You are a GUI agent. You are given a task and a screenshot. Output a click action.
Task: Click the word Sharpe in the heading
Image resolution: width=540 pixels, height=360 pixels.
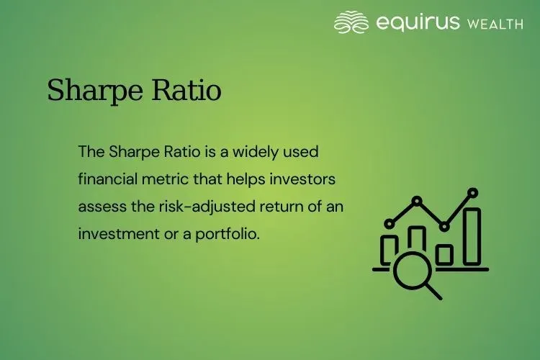(x=90, y=91)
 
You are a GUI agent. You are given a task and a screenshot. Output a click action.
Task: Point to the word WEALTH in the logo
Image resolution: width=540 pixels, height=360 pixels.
(x=495, y=23)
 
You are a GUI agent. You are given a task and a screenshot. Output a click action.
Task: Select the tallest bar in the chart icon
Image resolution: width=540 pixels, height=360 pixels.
(x=472, y=237)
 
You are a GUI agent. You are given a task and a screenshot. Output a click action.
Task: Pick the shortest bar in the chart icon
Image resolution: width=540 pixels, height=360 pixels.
(x=444, y=255)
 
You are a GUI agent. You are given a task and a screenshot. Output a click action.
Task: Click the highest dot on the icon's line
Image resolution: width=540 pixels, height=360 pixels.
(x=472, y=193)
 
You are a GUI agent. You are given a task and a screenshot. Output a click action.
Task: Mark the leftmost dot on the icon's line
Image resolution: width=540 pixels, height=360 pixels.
(x=390, y=223)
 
